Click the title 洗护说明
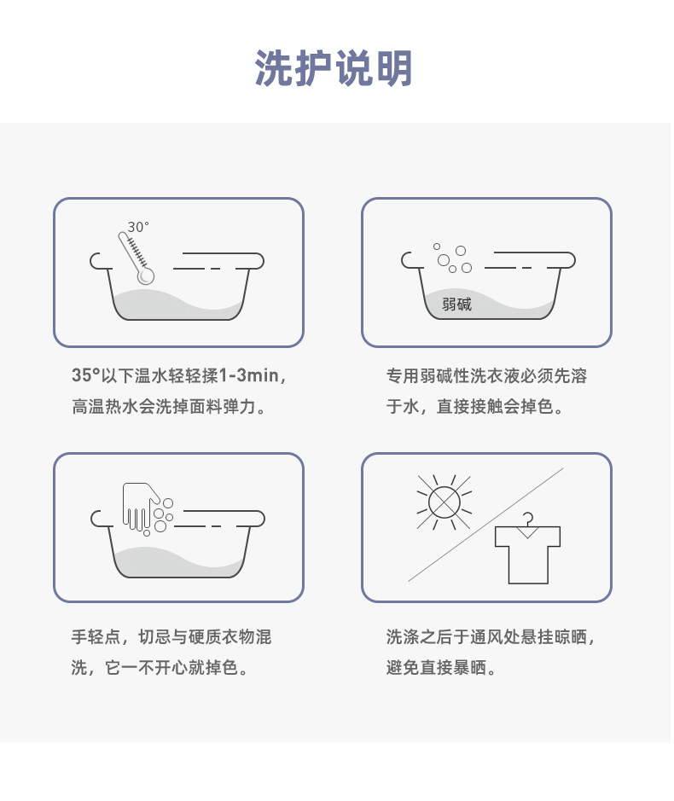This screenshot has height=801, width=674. [x=334, y=68]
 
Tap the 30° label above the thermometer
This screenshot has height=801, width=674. [x=138, y=227]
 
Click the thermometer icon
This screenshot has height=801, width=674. [x=136, y=258]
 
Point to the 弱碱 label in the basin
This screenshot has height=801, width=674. [x=456, y=304]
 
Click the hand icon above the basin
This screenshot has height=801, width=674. [x=141, y=507]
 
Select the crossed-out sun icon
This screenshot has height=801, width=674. [x=444, y=502]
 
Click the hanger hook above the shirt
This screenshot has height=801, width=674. [x=528, y=519]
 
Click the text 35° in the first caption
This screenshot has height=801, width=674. [x=85, y=375]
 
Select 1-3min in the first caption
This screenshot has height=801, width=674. [x=249, y=375]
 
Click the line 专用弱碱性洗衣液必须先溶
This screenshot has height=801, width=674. [x=486, y=376]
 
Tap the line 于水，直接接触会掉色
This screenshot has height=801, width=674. [x=474, y=407]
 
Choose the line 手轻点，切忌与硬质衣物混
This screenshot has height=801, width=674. [x=171, y=637]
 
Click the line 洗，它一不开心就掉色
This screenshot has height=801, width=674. [x=160, y=668]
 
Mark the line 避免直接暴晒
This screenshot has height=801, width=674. [x=440, y=668]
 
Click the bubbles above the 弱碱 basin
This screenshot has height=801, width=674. [x=452, y=258]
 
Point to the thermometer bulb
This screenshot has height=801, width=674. [x=146, y=276]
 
